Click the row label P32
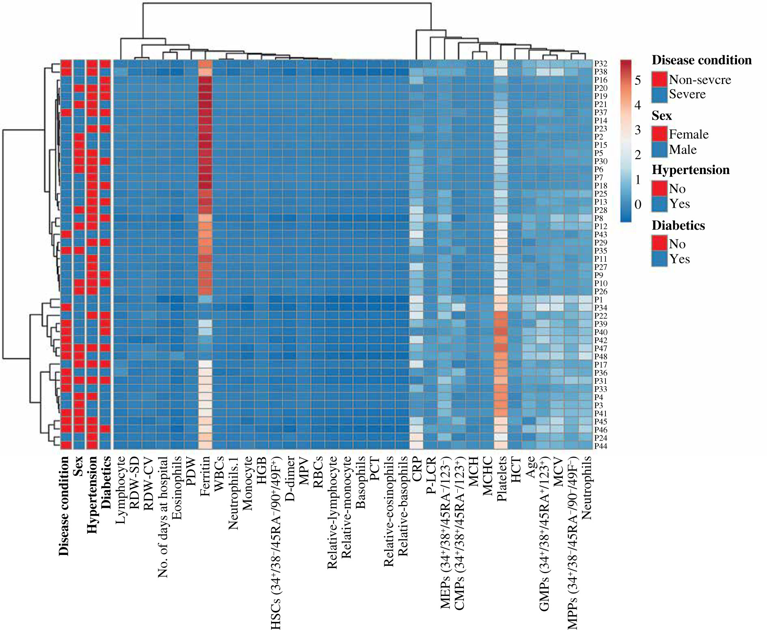[x=601, y=64]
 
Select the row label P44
[x=601, y=446]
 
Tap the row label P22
[x=601, y=316]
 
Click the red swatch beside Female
[x=659, y=134]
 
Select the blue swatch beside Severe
[x=659, y=94]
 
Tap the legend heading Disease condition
[x=701, y=60]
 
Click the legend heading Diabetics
[x=678, y=226]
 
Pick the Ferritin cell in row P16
[x=206, y=80]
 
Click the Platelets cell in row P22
[x=501, y=316]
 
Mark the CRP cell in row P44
[x=416, y=446]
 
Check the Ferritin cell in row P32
[x=206, y=64]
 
